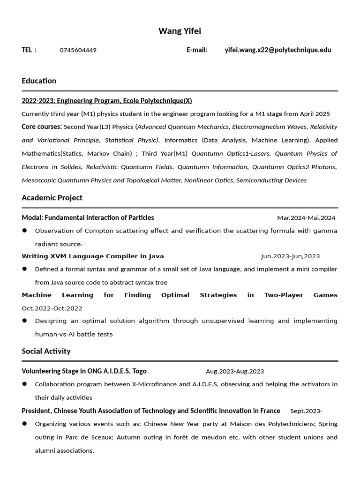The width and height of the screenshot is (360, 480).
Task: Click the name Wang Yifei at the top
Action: pyautogui.click(x=180, y=31)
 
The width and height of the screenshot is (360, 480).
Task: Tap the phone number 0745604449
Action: pyautogui.click(x=78, y=50)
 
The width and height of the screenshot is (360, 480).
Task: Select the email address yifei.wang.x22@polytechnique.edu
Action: pyautogui.click(x=277, y=50)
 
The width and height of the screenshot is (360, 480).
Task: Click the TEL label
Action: pyautogui.click(x=29, y=50)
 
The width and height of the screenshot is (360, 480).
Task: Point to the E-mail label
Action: pyautogui.click(x=197, y=50)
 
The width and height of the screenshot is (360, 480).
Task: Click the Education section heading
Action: pyautogui.click(x=39, y=81)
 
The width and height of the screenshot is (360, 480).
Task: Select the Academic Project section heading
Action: pyautogui.click(x=52, y=198)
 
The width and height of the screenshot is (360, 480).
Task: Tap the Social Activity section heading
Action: pyautogui.click(x=46, y=351)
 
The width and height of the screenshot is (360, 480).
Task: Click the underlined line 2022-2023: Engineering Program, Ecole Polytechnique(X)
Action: pyautogui.click(x=106, y=101)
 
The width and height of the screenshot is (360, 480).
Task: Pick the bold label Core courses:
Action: pyautogui.click(x=41, y=127)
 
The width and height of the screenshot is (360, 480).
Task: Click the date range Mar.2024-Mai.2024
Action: pyautogui.click(x=306, y=217)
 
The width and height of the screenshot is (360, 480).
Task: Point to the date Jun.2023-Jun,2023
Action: pyautogui.click(x=290, y=256)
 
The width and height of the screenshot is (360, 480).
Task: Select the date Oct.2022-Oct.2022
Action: pyautogui.click(x=52, y=308)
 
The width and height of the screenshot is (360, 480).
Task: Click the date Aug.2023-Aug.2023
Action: pyautogui.click(x=234, y=371)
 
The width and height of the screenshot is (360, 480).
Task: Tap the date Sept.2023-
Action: pyautogui.click(x=306, y=411)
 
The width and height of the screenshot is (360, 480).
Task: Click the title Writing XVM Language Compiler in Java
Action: pyautogui.click(x=93, y=256)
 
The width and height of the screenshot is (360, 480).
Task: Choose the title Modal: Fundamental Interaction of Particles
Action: pyautogui.click(x=88, y=217)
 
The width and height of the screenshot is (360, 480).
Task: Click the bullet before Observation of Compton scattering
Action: pyautogui.click(x=24, y=231)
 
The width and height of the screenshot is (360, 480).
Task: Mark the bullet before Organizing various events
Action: pyautogui.click(x=24, y=424)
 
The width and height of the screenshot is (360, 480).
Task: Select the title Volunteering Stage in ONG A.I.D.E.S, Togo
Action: pyautogui.click(x=84, y=371)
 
